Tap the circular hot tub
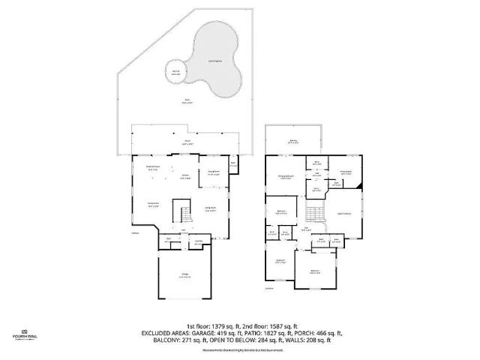(x=176, y=73)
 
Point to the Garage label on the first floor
(x=184, y=275)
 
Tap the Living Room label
(x=211, y=211)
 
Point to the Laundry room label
(x=197, y=243)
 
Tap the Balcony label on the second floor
(x=292, y=141)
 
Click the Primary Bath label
(x=346, y=172)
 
